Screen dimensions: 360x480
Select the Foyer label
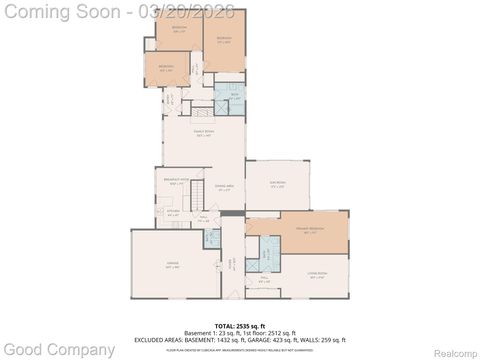pyautogui.click(x=231, y=264)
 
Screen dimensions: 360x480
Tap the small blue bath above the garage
pyautogui.click(x=212, y=238)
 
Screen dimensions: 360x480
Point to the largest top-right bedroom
pyautogui.click(x=224, y=41)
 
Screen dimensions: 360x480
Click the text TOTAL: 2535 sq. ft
pyautogui.click(x=239, y=325)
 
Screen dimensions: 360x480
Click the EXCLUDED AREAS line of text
pyautogui.click(x=239, y=339)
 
